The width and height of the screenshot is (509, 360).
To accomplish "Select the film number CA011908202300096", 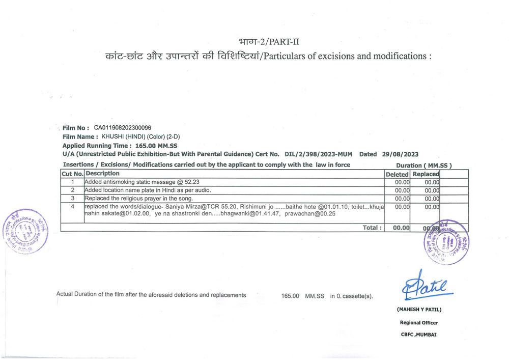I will pos(122,128).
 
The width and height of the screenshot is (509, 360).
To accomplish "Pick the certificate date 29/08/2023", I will pos(400,154).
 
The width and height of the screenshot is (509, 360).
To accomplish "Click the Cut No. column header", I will pos(72,174).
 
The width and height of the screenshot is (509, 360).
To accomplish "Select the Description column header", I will pos(102,174).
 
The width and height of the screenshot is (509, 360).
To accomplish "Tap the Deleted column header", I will pos(397,174).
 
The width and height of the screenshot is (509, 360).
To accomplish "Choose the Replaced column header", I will pos(426,174).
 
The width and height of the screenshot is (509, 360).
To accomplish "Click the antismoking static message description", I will pos(142,182).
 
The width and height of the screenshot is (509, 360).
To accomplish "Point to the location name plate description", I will pos(147,190).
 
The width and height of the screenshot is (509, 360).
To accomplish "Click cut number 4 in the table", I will pos(73,207).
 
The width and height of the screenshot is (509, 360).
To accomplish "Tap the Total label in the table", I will pos(372,228).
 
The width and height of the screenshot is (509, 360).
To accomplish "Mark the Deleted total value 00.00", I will pos(401,228).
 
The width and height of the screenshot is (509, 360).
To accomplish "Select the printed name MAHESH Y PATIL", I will pos(419,310).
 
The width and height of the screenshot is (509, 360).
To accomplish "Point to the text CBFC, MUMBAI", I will pos(418,335).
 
